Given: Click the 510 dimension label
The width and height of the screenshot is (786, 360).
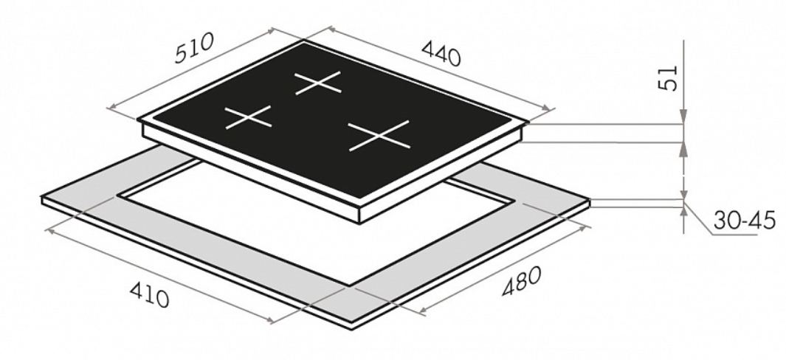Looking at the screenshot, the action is (x=195, y=48).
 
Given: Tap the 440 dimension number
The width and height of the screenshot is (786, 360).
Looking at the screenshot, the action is (x=441, y=52).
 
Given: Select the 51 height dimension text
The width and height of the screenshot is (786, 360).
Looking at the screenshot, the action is (x=668, y=78).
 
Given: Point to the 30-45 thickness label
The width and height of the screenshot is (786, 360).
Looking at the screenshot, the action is (x=745, y=221).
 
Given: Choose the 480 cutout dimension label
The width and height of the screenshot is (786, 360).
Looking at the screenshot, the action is (x=521, y=281).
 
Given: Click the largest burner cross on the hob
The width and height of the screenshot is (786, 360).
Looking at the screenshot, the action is (x=379, y=136).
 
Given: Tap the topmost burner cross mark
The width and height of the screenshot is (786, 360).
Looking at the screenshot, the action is (x=318, y=82).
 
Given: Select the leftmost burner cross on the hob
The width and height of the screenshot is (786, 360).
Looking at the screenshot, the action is (x=248, y=117).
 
